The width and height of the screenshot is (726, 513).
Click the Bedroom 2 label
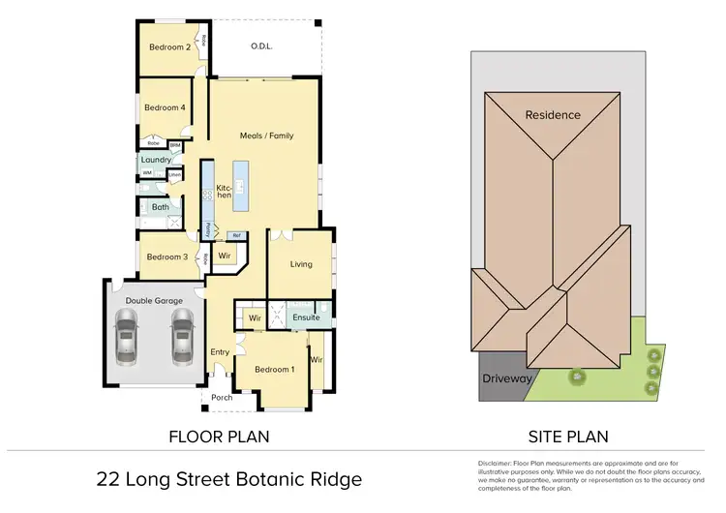(x=169, y=46)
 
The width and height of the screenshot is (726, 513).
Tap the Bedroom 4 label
(x=165, y=107)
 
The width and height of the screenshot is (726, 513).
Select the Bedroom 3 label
(x=166, y=256)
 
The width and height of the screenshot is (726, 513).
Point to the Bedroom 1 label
(x=274, y=369)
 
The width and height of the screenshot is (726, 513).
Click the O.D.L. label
(x=261, y=45)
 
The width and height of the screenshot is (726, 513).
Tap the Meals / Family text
(x=266, y=136)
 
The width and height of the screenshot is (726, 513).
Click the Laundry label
(x=155, y=161)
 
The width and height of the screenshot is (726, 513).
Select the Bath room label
(x=160, y=206)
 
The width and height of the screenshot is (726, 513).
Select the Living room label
(x=300, y=263)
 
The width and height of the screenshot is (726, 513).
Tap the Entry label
(x=220, y=351)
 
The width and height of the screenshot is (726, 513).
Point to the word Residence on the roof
(x=553, y=115)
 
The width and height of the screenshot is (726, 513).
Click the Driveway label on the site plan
(x=507, y=378)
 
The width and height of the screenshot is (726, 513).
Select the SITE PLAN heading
(x=568, y=437)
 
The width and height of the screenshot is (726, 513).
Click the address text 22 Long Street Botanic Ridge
(x=229, y=479)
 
